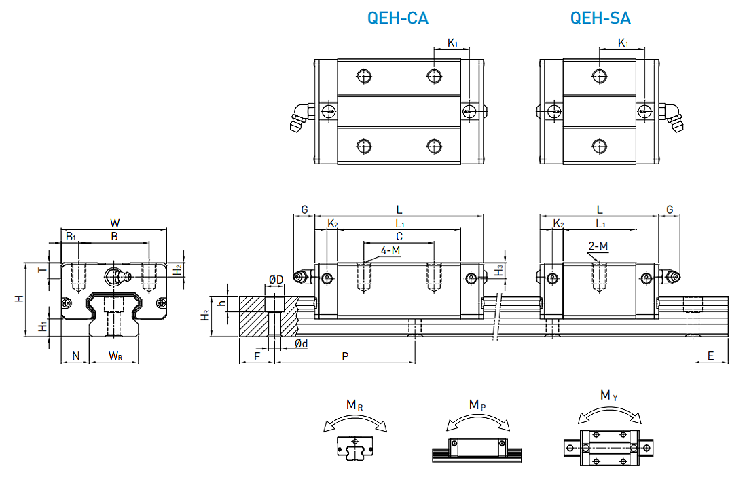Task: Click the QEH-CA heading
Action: click(x=397, y=18)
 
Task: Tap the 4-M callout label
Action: click(x=390, y=250)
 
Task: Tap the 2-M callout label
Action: click(x=598, y=246)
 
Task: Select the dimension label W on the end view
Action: click(x=115, y=223)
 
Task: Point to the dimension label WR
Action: click(x=115, y=356)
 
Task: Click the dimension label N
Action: click(x=75, y=356)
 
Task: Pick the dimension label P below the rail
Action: click(x=345, y=356)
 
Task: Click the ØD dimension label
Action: click(x=276, y=280)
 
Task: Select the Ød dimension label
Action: click(x=302, y=344)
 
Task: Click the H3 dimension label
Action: click(x=499, y=269)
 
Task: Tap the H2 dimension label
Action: click(x=177, y=269)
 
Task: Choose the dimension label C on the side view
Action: click(x=399, y=235)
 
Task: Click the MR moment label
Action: click(x=354, y=405)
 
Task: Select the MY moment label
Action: click(x=608, y=395)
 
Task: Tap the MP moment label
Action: click(x=477, y=405)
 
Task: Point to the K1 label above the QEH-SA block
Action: click(x=623, y=43)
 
